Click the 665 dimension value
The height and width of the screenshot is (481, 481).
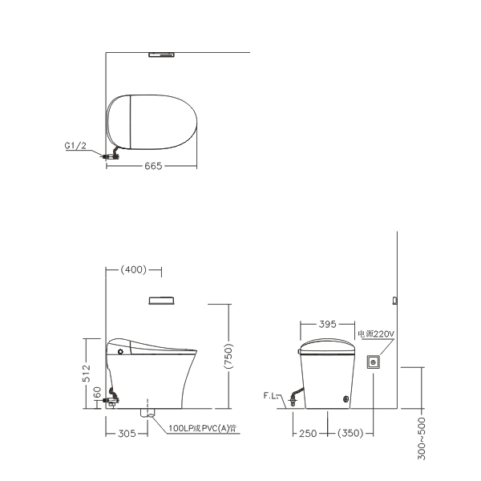(x=153, y=166)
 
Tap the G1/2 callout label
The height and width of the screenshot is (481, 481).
(x=75, y=145)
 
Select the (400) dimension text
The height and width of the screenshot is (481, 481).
(x=134, y=269)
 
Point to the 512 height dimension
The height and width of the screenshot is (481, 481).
(x=87, y=373)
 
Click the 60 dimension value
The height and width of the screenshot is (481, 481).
(x=97, y=392)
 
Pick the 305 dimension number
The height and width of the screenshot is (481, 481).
(x=127, y=434)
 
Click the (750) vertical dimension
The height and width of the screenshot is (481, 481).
(x=228, y=356)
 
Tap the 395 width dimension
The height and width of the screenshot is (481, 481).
(x=328, y=324)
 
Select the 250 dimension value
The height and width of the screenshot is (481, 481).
(x=308, y=434)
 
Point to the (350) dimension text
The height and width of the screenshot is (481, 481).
(x=350, y=433)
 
